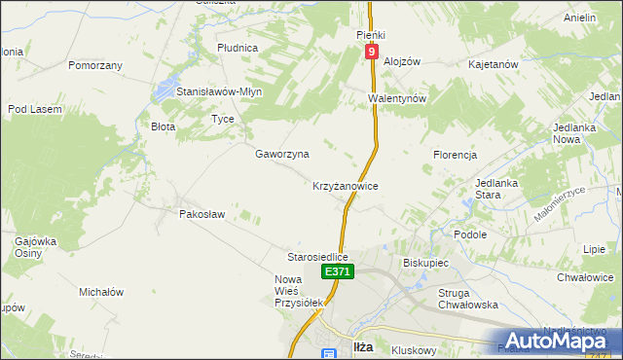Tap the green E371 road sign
click(x=337, y=271)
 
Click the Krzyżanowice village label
click(x=345, y=185)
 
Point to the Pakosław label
click(x=202, y=214)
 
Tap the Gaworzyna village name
click(x=282, y=154)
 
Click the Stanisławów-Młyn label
click(x=219, y=91)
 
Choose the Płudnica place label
click(x=238, y=47)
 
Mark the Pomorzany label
click(x=95, y=66)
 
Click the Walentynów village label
click(x=398, y=98)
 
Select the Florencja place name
click(x=455, y=155)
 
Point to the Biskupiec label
click(x=424, y=263)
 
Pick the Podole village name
click(x=470, y=234)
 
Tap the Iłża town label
click(x=360, y=348)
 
